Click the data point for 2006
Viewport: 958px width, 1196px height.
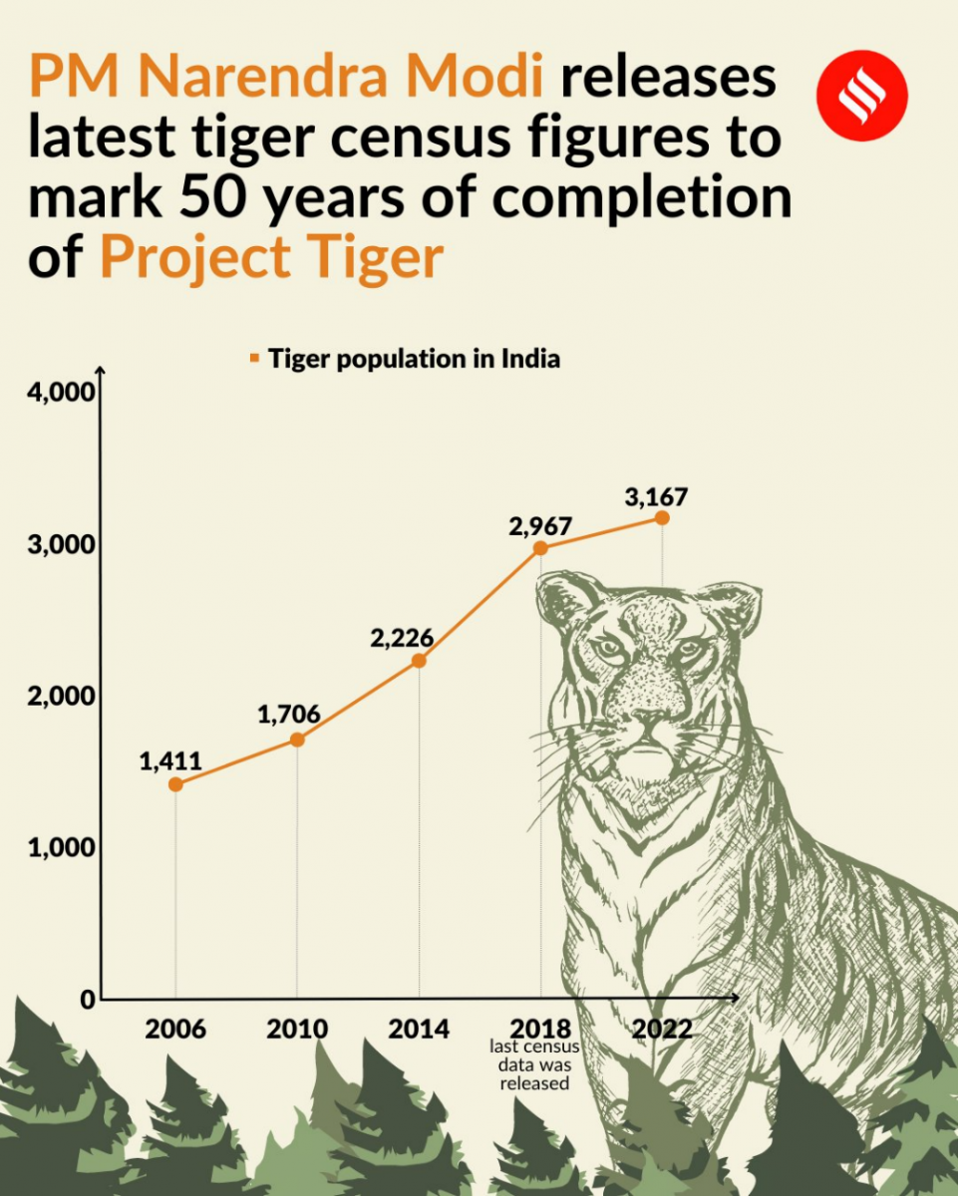pyautogui.click(x=175, y=784)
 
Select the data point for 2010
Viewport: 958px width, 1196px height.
pyautogui.click(x=297, y=740)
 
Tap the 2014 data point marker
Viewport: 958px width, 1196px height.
pyautogui.click(x=419, y=661)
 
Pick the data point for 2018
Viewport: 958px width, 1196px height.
pyautogui.click(x=540, y=548)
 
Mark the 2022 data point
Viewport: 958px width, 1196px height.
pyautogui.click(x=662, y=518)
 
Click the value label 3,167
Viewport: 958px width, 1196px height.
pyautogui.click(x=655, y=495)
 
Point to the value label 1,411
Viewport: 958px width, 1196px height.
pyautogui.click(x=169, y=761)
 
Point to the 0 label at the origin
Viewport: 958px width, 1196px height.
pyautogui.click(x=88, y=1000)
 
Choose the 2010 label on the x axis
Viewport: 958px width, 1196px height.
pyautogui.click(x=297, y=1029)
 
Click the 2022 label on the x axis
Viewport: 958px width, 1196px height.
pyautogui.click(x=662, y=1029)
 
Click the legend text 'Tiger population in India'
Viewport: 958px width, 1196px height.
pyautogui.click(x=414, y=359)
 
